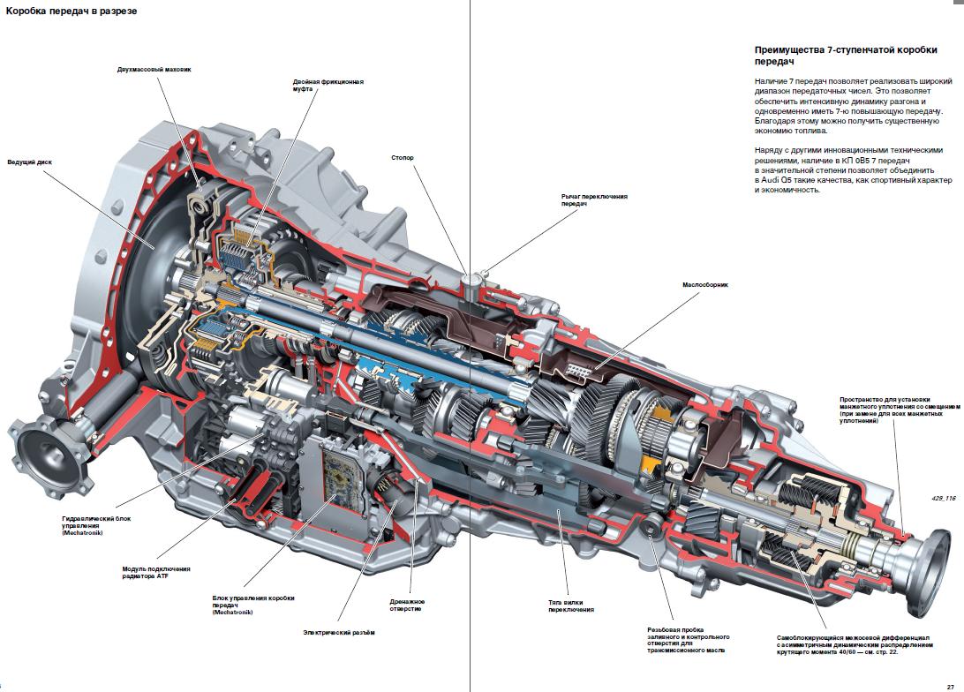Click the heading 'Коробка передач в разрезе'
[x=71, y=11]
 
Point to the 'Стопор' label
[x=402, y=158]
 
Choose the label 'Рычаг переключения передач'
[x=594, y=199]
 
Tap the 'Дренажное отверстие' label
[x=407, y=605]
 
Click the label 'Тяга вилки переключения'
[x=570, y=605]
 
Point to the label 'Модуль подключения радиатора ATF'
[x=155, y=573]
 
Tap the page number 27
[x=949, y=683]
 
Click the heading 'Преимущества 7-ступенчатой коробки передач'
[x=853, y=56]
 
